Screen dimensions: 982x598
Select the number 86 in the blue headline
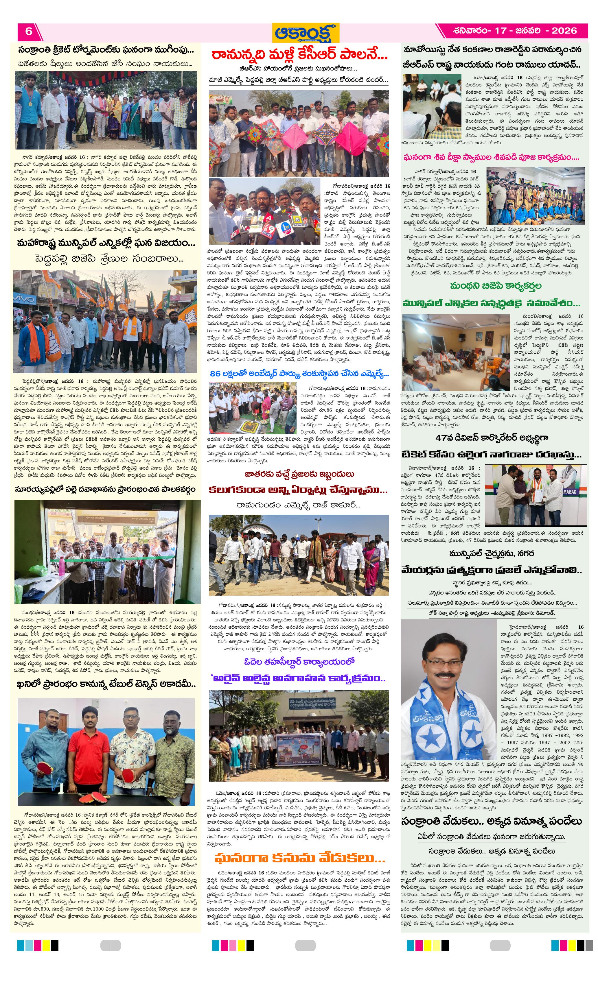pyautogui.click(x=215, y=373)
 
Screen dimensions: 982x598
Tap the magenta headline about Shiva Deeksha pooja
pyautogui.click(x=491, y=157)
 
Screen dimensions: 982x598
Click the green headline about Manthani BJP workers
pyautogui.click(x=495, y=286)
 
